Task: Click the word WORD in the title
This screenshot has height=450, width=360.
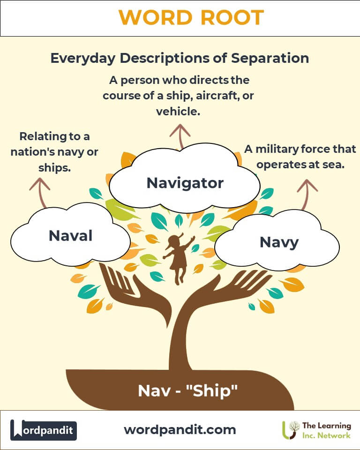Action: (155, 17)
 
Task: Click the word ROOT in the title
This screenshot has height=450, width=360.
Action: (232, 17)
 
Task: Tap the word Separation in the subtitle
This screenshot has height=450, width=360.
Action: (270, 58)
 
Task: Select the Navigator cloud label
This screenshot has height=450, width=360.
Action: (185, 183)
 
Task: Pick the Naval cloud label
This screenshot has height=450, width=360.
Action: (71, 236)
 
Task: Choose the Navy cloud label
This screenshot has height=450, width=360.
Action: (279, 242)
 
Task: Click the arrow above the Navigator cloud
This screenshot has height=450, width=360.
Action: (180, 136)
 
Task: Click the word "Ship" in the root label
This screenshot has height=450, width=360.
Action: (212, 391)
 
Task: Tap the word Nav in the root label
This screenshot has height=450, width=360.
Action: (154, 391)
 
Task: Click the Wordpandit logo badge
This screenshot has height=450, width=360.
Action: (43, 430)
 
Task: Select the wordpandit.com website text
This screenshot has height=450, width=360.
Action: (180, 430)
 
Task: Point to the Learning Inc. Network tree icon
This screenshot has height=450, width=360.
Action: (290, 430)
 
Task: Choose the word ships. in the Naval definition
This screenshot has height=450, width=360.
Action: (54, 168)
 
